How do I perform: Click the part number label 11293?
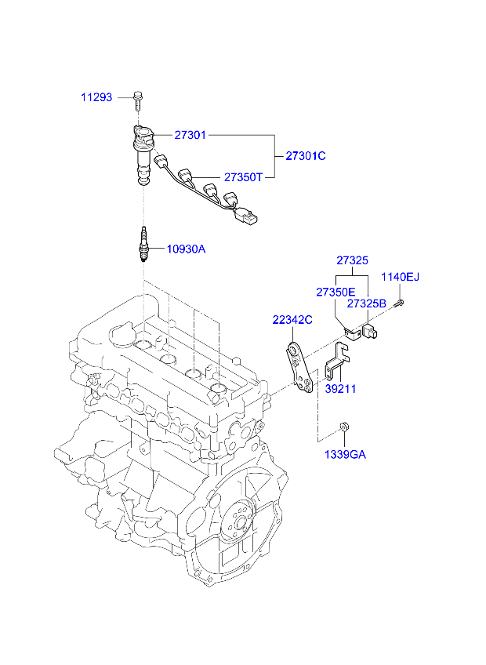96,97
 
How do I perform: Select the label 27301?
190,136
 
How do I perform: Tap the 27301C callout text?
306,156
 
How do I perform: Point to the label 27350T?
244,177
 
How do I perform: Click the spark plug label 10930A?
187,249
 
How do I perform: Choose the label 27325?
353,260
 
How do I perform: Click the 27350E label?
335,293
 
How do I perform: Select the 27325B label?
367,303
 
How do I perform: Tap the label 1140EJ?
400,277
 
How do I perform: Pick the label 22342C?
292,320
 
